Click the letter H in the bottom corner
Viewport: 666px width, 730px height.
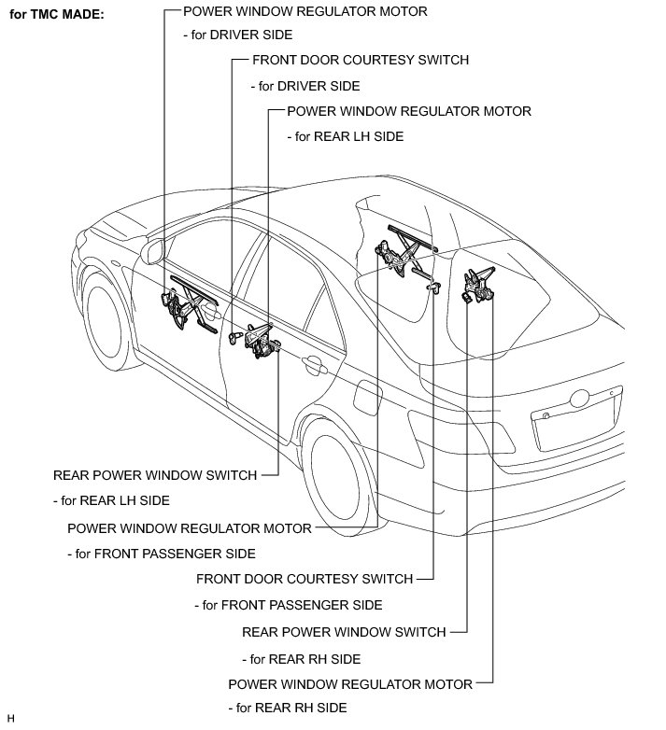[x=10, y=718]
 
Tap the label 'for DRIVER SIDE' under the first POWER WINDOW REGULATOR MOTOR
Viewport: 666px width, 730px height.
[x=241, y=35]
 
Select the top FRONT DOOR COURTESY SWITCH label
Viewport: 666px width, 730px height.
[x=360, y=60]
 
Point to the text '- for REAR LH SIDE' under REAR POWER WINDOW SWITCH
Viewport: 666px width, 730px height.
[x=111, y=499]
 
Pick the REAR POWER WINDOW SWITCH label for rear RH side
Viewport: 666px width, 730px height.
[x=344, y=631]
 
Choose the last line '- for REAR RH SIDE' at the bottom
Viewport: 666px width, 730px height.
[x=288, y=707]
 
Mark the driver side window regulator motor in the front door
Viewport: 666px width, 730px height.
[x=182, y=306]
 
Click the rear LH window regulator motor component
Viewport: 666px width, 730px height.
[x=262, y=341]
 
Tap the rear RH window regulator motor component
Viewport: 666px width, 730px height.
[x=481, y=285]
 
